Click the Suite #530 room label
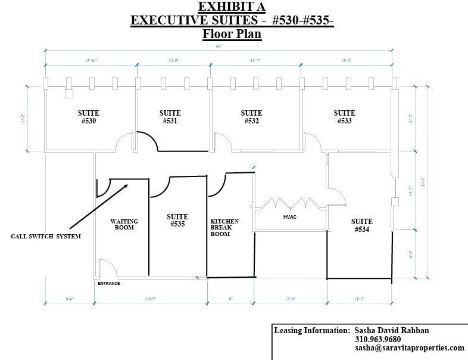coord(88,117)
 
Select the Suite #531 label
coord(170,117)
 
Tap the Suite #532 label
coord(251,117)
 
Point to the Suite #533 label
coord(344,117)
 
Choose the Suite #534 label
coord(361,225)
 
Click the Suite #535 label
coord(177,221)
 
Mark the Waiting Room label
coord(124,224)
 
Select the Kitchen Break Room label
coord(224,228)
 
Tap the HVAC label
coord(289,216)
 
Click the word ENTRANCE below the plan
coord(109,283)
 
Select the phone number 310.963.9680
coord(377,339)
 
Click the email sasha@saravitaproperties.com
coord(409,348)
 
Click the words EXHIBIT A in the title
coord(232,7)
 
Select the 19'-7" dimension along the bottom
coord(149,299)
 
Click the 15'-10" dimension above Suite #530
coord(91,61)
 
